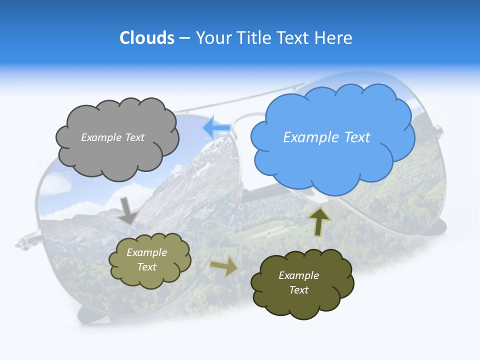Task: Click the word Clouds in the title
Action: pos(147,38)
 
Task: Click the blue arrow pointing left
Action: pos(216,128)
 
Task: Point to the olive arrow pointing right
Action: pos(224,266)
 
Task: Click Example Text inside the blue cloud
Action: pos(326,137)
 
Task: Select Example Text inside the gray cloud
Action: pos(112,137)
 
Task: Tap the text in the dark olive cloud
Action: pos(298,282)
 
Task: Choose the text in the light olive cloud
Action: pos(146,259)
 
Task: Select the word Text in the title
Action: pos(295,38)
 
